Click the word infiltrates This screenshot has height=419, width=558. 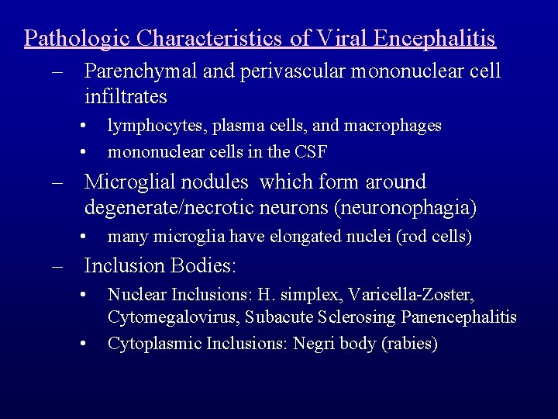[126, 97]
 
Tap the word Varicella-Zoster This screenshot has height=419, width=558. [411, 295]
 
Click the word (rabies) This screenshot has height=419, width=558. [410, 343]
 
